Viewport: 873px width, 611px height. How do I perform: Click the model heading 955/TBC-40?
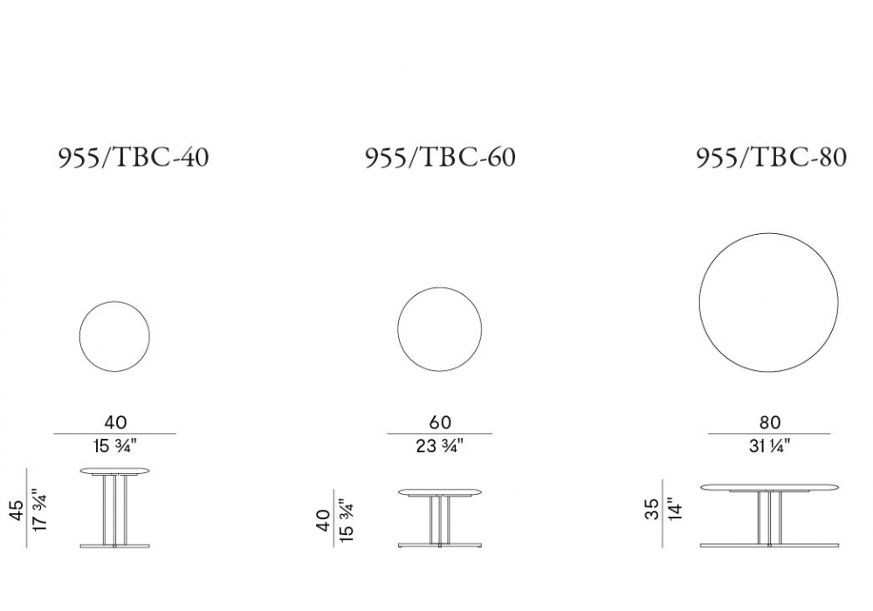(134, 157)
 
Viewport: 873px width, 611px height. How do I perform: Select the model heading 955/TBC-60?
(440, 157)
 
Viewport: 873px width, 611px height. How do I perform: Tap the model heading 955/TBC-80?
(772, 157)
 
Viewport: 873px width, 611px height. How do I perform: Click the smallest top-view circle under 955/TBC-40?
(79, 336)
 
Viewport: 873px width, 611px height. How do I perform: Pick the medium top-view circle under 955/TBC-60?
(397, 329)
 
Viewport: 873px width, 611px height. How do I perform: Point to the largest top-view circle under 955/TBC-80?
(699, 302)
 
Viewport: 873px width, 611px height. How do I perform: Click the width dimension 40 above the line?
(115, 422)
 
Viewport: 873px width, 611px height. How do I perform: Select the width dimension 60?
(440, 422)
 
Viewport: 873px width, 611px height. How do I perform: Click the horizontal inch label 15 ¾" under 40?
(115, 446)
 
